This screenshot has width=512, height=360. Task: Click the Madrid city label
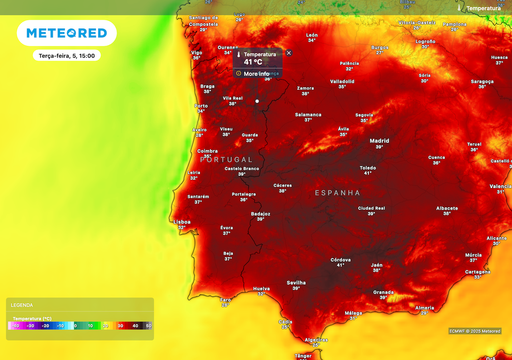click(x=379, y=141)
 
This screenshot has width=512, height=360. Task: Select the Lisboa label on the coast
click(x=182, y=222)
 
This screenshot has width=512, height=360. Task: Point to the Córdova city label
click(x=340, y=259)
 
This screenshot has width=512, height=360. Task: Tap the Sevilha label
click(x=296, y=283)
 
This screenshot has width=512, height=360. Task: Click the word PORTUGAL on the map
click(x=227, y=159)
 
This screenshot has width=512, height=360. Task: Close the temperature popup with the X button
click(x=289, y=53)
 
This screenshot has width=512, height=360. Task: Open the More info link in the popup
click(x=256, y=73)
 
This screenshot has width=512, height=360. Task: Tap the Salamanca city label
click(x=308, y=114)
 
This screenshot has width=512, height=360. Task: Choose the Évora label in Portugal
click(x=227, y=228)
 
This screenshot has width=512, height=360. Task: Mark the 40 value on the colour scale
click(x=134, y=325)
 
